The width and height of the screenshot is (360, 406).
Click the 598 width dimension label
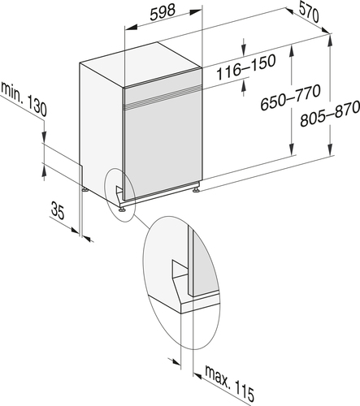pyautogui.click(x=163, y=13)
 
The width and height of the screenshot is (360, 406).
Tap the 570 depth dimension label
pyautogui.click(x=309, y=12)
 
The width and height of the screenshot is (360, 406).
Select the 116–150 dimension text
pyautogui.click(x=246, y=67)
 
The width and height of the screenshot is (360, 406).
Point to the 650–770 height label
pyautogui.click(x=290, y=97)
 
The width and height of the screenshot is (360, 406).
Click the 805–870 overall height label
pyautogui.click(x=330, y=114)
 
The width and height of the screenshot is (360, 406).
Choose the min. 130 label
pyautogui.click(x=24, y=98)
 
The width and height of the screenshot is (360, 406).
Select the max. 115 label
pyautogui.click(x=230, y=382)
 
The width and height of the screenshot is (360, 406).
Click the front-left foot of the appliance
pyautogui.click(x=122, y=209)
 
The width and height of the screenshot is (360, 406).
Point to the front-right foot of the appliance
pyautogui.click(x=196, y=190)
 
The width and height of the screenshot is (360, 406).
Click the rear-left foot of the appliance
pyautogui.click(x=85, y=189)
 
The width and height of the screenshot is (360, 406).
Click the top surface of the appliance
pyautogui.click(x=141, y=64)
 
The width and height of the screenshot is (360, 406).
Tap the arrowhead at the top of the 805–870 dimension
pyautogui.click(x=330, y=40)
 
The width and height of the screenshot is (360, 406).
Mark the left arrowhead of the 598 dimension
pyautogui.click(x=130, y=27)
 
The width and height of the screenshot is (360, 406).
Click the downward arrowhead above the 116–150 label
pyautogui.click(x=244, y=50)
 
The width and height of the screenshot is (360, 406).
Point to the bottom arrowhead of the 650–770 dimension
pyautogui.click(x=291, y=149)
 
